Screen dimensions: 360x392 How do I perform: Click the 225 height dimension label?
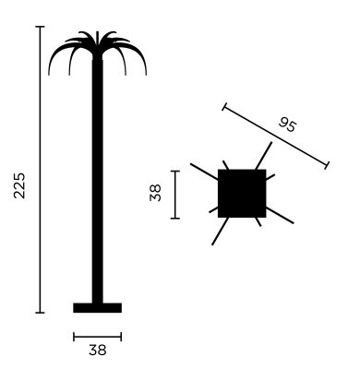(x=19, y=185)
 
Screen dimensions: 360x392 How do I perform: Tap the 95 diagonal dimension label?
(x=288, y=125)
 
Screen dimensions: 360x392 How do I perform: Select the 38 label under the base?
(x=98, y=350)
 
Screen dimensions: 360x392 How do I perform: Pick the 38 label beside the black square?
(x=155, y=193)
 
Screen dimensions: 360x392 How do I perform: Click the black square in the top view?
(x=242, y=194)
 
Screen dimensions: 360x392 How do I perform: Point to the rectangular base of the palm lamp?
(x=97, y=308)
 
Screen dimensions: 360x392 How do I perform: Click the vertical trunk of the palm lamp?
(x=98, y=182)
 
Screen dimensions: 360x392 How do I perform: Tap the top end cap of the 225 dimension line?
(x=40, y=27)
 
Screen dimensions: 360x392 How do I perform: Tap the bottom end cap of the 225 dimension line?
(x=40, y=313)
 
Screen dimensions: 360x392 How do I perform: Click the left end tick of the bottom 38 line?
(x=74, y=337)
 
